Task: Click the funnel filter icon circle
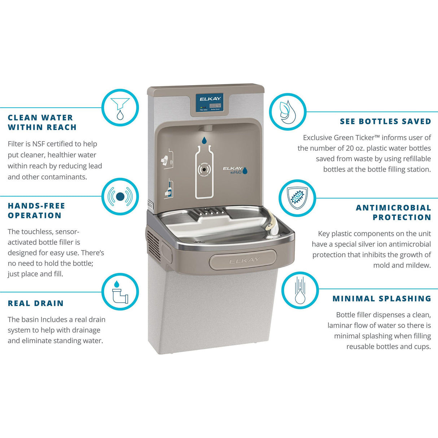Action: click(120, 107)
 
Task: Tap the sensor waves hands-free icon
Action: click(120, 197)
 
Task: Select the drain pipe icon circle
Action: click(120, 292)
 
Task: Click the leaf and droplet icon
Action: click(288, 111)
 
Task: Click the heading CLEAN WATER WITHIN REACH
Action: click(42, 122)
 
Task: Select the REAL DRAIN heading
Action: click(36, 303)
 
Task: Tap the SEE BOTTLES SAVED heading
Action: click(385, 122)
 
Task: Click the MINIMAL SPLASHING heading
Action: click(382, 299)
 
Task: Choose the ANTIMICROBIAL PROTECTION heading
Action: click(394, 213)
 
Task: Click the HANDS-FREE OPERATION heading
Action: click(36, 211)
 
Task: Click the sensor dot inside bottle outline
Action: click(204, 169)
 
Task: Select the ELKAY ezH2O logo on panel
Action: click(235, 170)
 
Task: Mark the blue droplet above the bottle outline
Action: click(204, 140)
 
